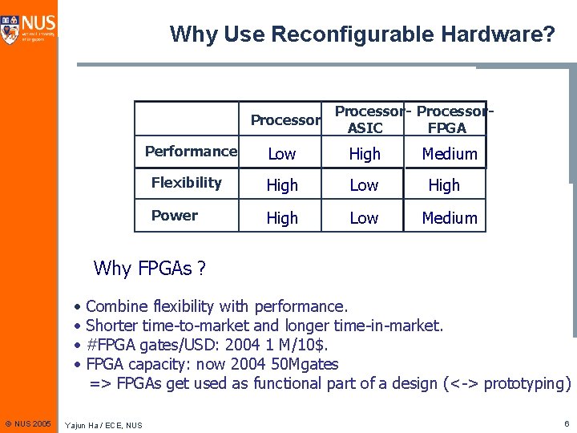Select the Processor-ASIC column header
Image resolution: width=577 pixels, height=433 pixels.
tap(365, 119)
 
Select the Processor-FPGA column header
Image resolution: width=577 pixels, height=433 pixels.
tap(448, 119)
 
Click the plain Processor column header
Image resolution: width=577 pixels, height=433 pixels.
tap(285, 120)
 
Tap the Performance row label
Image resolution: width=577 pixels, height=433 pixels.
tap(191, 152)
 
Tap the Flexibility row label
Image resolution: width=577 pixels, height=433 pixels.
tap(187, 183)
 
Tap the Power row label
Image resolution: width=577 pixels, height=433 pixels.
tap(175, 216)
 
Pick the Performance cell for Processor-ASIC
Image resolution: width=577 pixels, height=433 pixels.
tap(365, 154)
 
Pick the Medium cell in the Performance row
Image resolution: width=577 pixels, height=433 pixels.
tap(450, 154)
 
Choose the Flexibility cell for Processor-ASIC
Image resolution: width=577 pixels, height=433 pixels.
tap(364, 185)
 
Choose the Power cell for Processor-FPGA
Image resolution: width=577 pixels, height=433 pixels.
tap(450, 218)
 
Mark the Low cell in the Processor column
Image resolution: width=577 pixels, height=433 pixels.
tap(282, 154)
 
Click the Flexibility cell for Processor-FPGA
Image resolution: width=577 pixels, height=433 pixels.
tap(444, 185)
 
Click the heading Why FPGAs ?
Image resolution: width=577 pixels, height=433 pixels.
tap(150, 269)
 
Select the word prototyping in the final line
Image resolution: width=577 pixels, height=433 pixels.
tap(527, 383)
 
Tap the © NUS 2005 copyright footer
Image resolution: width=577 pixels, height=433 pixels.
tap(28, 422)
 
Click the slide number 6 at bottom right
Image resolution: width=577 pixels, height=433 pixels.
tap(566, 422)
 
